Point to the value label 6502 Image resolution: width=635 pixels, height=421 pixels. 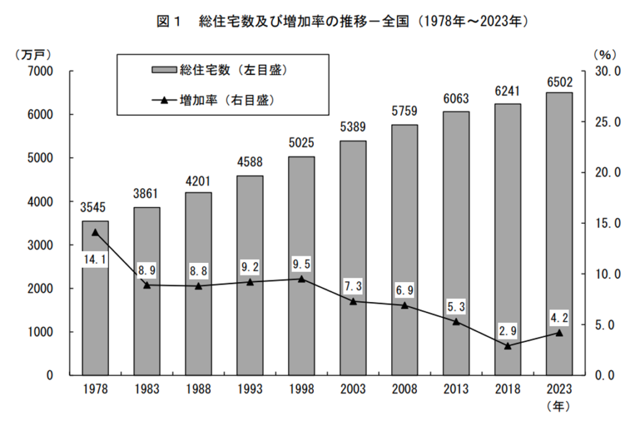click(x=559, y=82)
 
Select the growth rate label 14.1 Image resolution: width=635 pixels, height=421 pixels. click(x=95, y=259)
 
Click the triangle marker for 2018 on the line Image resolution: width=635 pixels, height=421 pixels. click(x=507, y=345)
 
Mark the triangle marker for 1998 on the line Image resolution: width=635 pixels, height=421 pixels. click(x=301, y=279)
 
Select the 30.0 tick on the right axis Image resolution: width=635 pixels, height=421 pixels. click(x=607, y=71)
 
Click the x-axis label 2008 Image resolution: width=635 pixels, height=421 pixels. click(x=404, y=389)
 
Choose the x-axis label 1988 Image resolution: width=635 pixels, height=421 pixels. click(x=198, y=389)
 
